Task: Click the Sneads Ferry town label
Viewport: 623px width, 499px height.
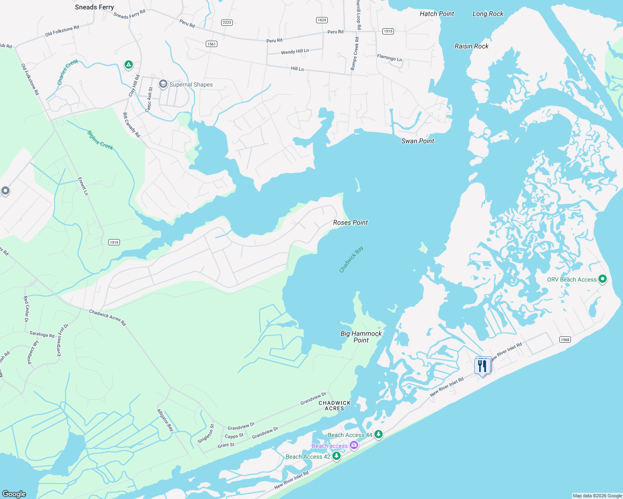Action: pos(94,7)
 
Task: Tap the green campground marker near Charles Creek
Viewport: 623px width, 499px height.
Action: pos(129,64)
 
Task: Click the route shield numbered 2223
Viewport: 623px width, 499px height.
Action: pos(227,22)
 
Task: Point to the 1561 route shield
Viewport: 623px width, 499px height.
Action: pos(212,44)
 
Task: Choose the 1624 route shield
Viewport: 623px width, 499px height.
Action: pos(322,20)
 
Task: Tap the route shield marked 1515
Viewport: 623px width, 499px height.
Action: pos(388,31)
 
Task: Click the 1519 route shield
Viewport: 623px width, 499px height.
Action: pos(114,242)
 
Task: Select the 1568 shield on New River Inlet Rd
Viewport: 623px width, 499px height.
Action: pos(565,340)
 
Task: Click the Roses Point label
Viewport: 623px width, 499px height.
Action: pos(350,222)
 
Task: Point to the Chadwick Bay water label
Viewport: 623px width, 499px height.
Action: pos(351,259)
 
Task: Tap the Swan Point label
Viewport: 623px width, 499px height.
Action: pos(418,141)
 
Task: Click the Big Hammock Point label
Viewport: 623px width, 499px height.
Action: pos(361,337)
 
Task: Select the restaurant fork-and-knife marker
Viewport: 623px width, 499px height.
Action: pos(482,366)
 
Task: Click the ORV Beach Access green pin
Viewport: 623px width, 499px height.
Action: pos(602,279)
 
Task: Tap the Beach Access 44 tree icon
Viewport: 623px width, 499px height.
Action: pos(378,435)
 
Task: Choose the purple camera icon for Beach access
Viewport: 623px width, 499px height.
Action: pos(354,446)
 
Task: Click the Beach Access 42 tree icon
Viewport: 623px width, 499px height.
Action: pos(336,456)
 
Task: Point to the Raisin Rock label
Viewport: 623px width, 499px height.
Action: pos(471,46)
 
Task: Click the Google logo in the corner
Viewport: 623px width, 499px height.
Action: pos(14,494)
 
